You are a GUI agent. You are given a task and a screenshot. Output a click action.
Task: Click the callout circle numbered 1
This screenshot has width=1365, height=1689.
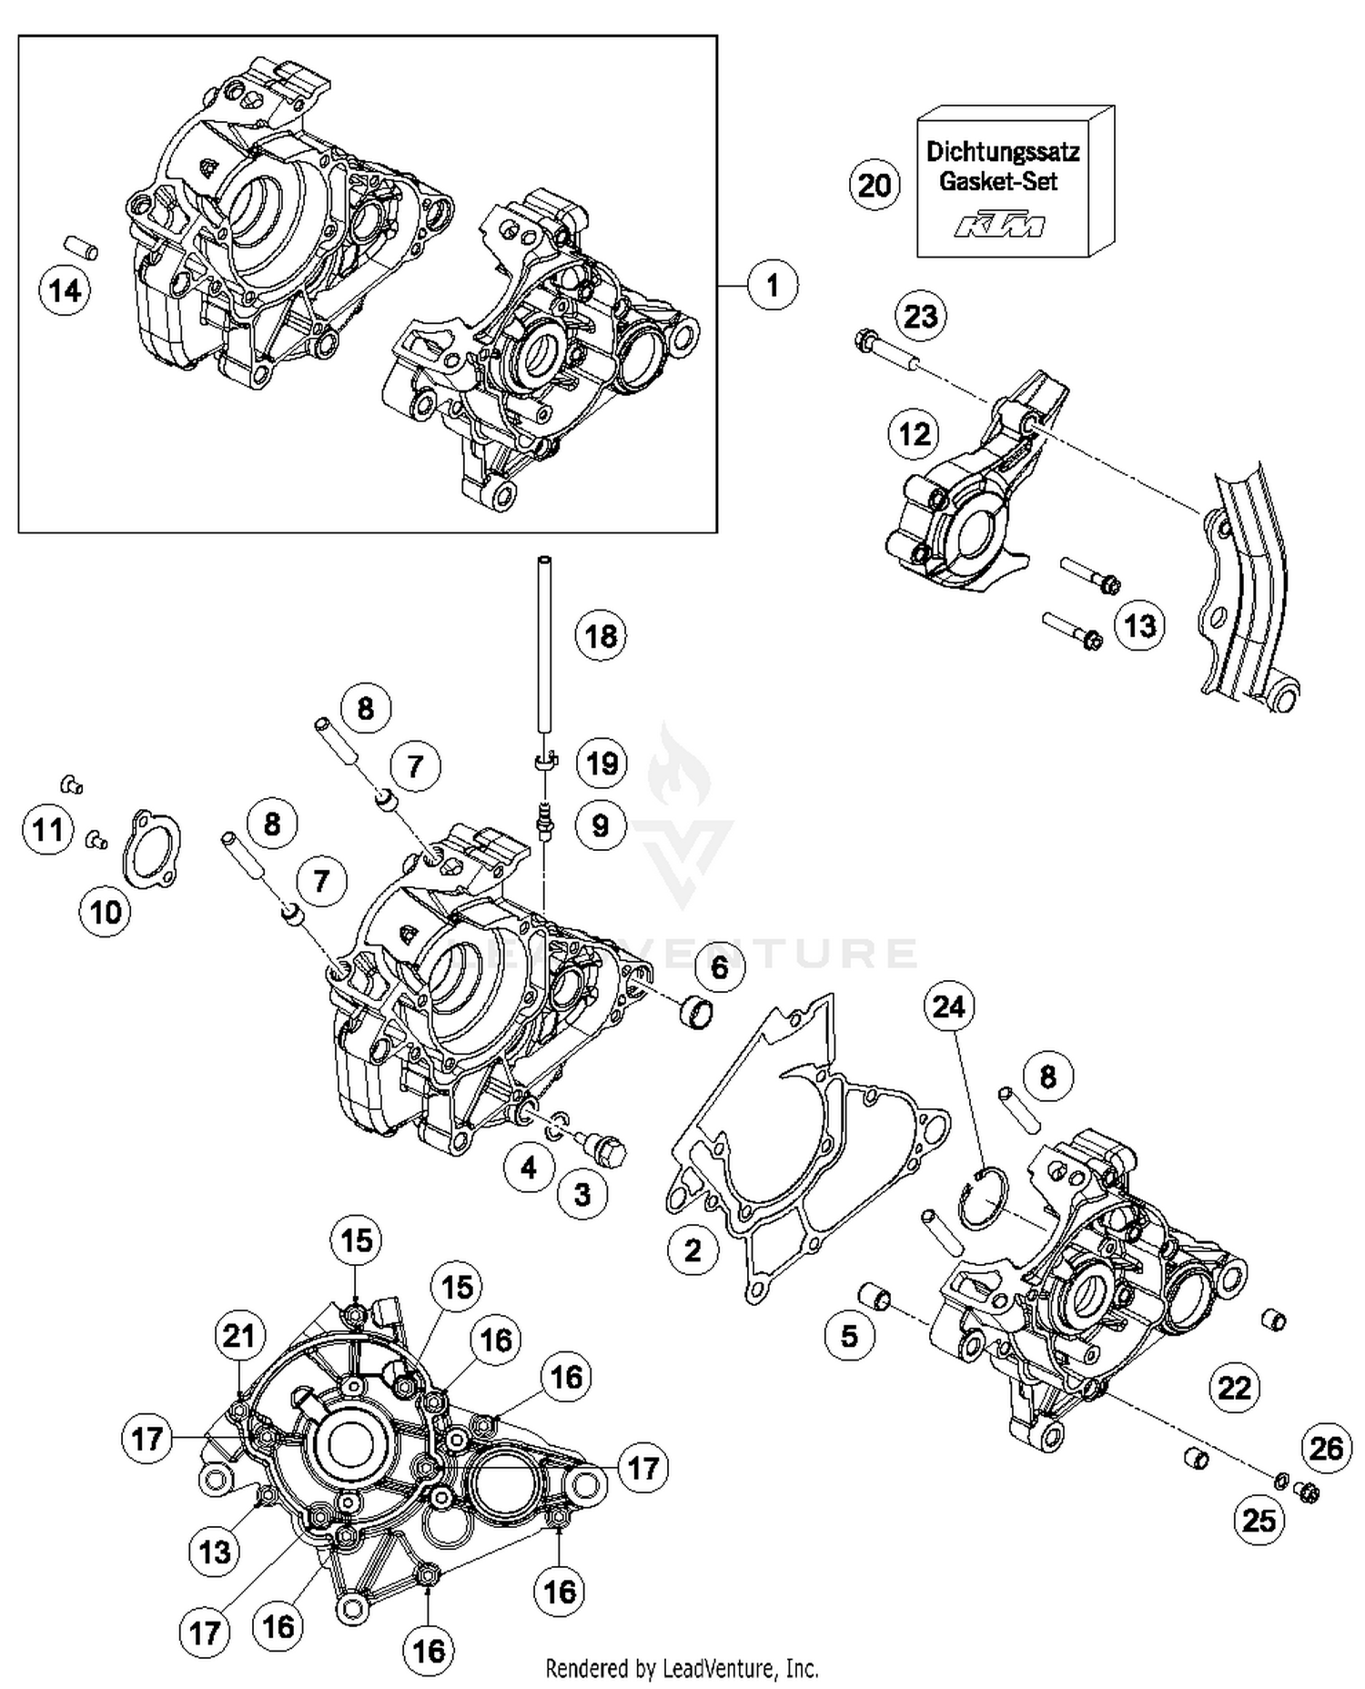click(x=773, y=286)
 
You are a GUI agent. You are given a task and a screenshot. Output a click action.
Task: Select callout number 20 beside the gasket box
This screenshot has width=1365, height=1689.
click(x=875, y=185)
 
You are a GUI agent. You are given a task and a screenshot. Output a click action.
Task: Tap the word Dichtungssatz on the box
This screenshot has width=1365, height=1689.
click(x=1003, y=152)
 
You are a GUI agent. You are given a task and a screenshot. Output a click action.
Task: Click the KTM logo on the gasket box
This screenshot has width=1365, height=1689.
click(x=999, y=226)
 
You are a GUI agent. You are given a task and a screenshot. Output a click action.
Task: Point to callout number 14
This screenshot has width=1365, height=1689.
click(x=65, y=291)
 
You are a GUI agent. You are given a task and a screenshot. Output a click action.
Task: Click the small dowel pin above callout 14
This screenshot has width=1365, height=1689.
click(x=80, y=248)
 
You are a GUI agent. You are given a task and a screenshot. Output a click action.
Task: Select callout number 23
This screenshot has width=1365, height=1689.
click(x=920, y=317)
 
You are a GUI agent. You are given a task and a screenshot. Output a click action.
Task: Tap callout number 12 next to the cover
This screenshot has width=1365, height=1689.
click(x=914, y=433)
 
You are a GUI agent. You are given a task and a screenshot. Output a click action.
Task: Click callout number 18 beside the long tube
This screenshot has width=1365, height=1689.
click(x=601, y=636)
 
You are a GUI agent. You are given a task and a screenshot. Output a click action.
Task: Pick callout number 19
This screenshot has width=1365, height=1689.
click(x=602, y=763)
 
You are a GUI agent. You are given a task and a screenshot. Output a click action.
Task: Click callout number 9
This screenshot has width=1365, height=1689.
click(x=600, y=825)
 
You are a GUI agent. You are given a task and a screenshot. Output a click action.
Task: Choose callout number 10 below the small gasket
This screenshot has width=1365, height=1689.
click(x=106, y=911)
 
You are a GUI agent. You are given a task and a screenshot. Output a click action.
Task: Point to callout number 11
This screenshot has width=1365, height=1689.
click(x=48, y=830)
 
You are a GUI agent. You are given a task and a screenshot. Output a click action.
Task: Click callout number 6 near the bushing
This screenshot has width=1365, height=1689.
click(x=719, y=966)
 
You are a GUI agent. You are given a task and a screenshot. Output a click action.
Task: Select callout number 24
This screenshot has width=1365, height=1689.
click(x=948, y=1006)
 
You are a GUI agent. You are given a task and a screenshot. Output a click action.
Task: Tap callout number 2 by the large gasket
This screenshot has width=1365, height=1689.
click(x=693, y=1249)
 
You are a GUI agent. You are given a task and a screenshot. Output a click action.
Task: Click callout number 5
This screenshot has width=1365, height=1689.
click(x=849, y=1336)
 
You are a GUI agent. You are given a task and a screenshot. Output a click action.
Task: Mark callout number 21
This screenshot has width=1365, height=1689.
click(x=240, y=1336)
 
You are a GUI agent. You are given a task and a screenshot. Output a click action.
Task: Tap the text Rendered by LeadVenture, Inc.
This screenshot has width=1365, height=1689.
click(x=682, y=1668)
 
